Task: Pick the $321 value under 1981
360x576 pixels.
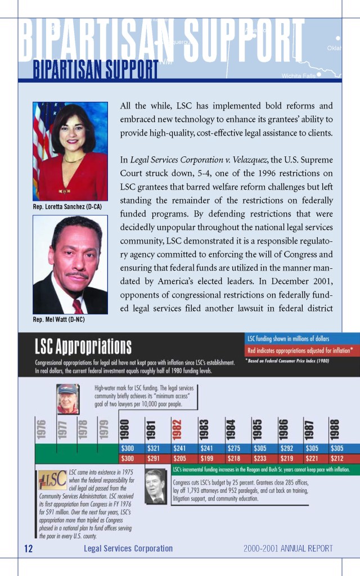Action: (x=153, y=448)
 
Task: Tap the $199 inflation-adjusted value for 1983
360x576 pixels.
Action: (x=206, y=458)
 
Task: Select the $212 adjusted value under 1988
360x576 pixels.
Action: (x=337, y=458)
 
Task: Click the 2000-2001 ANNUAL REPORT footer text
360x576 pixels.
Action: (x=288, y=548)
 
